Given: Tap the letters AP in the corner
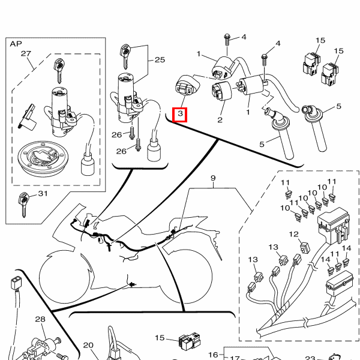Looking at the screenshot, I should click(15, 44).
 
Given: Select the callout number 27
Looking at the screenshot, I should click(26, 54).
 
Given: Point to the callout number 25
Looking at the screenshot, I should click(159, 59).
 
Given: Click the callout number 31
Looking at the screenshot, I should click(43, 194).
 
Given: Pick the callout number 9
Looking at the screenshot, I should click(212, 179).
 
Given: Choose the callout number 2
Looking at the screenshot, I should click(220, 120).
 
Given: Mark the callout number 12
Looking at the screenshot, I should click(294, 234).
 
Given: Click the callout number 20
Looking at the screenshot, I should click(88, 346).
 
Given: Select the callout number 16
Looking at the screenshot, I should click(212, 355).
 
